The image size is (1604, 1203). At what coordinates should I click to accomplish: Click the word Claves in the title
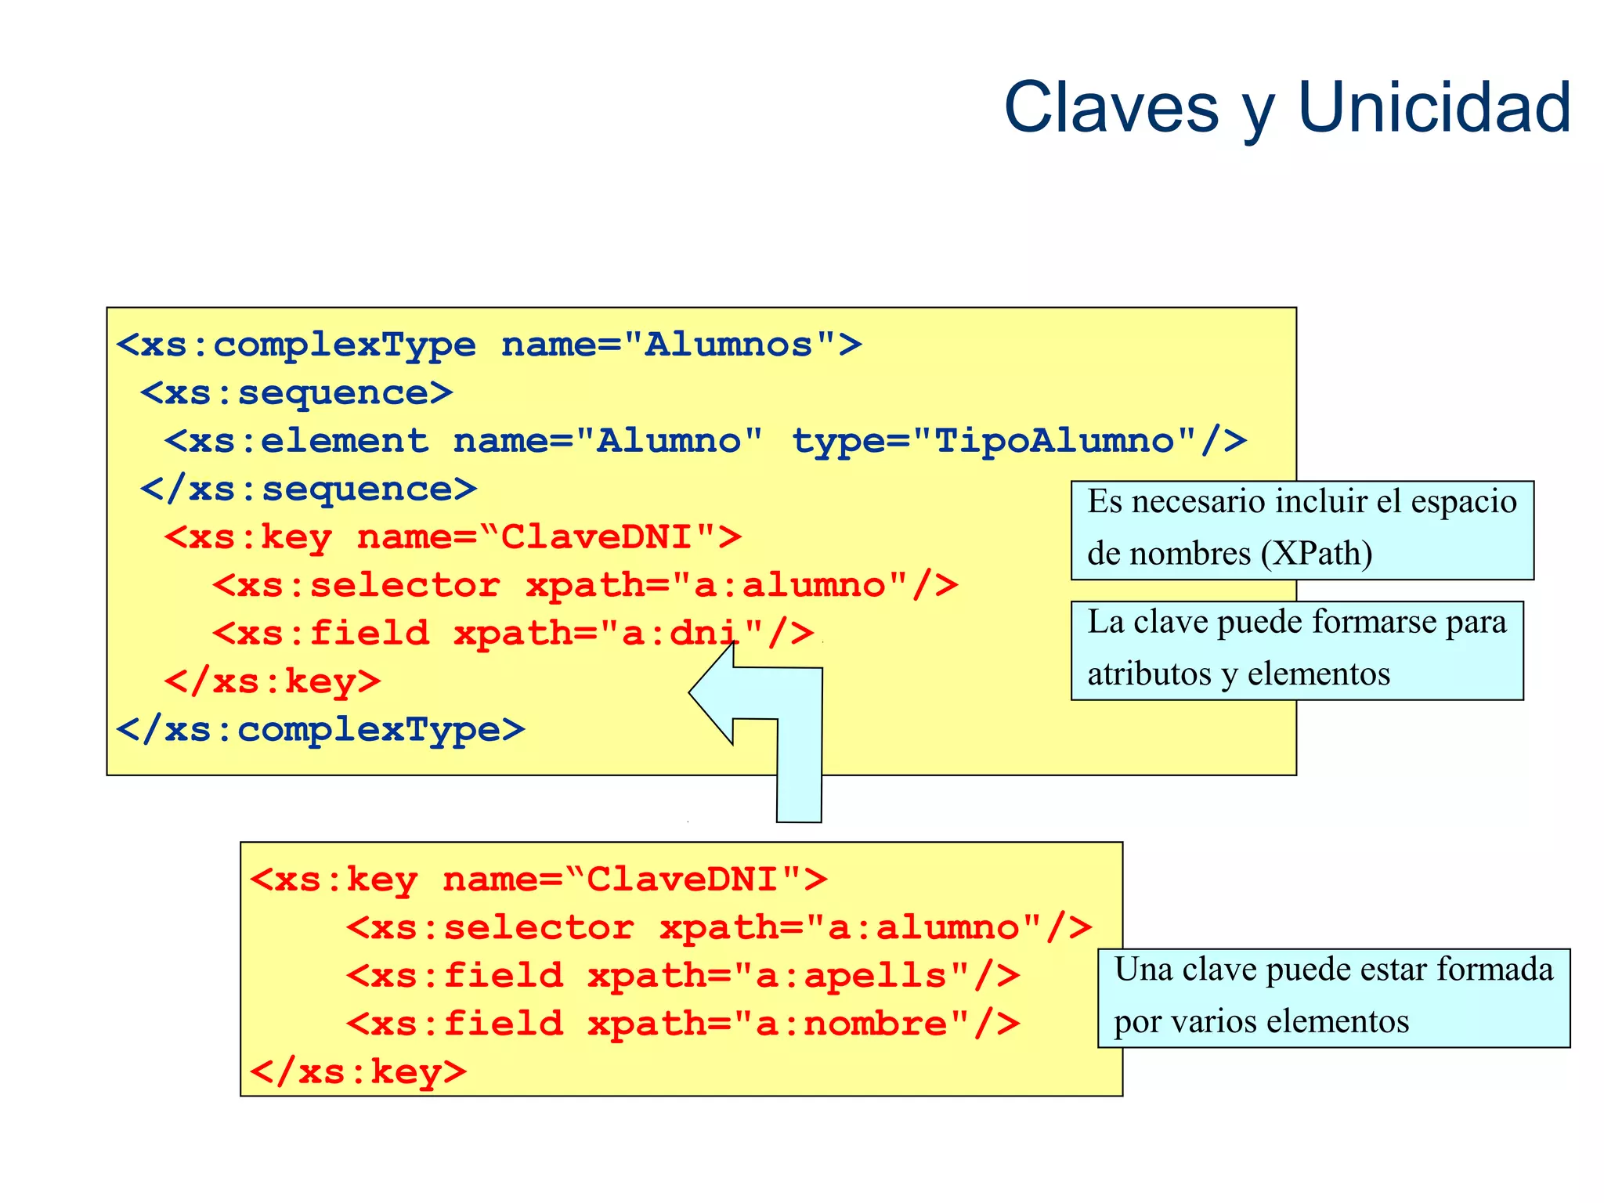coord(1111,107)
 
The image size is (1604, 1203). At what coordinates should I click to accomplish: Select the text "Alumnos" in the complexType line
coord(728,345)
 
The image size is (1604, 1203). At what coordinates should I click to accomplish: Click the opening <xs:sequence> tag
coord(297,393)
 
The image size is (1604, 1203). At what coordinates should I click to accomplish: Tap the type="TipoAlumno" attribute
coord(1018,441)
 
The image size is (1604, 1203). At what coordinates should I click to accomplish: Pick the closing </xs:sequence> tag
coord(309,490)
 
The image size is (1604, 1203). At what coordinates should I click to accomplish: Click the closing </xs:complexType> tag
coord(320,730)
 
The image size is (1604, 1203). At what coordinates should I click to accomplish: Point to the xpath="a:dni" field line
coord(513,634)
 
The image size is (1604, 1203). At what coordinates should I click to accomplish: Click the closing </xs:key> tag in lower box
coord(358,1072)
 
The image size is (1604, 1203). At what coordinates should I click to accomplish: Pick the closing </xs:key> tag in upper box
coord(273,681)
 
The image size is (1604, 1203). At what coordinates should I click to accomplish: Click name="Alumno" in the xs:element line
coord(608,441)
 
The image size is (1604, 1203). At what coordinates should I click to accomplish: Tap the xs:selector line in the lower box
coord(719,928)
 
